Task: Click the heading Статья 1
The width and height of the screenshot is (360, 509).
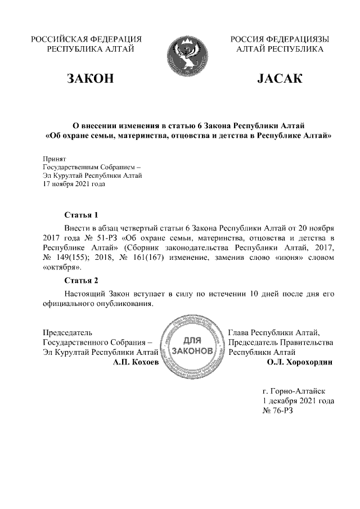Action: (x=82, y=215)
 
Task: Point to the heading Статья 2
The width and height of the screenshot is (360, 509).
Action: (x=82, y=280)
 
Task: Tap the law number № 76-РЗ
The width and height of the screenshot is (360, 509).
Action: (x=278, y=411)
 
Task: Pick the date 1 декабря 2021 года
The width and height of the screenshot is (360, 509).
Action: (x=299, y=400)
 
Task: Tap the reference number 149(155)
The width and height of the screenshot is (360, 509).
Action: (x=75, y=258)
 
